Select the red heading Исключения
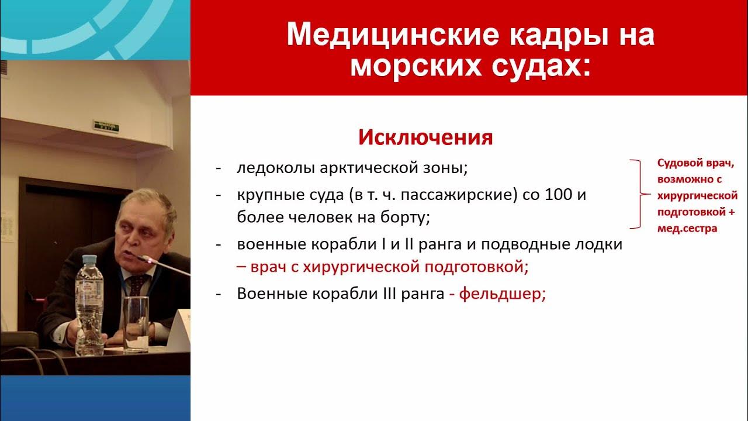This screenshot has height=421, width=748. (425, 137)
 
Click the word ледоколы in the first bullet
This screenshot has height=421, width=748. (276, 168)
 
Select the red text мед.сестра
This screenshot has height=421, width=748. (687, 229)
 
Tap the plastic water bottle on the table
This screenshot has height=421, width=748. (89, 310)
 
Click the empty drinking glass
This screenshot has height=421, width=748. (136, 325)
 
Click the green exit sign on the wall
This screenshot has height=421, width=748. (105, 125)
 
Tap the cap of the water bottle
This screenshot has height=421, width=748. (89, 260)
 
